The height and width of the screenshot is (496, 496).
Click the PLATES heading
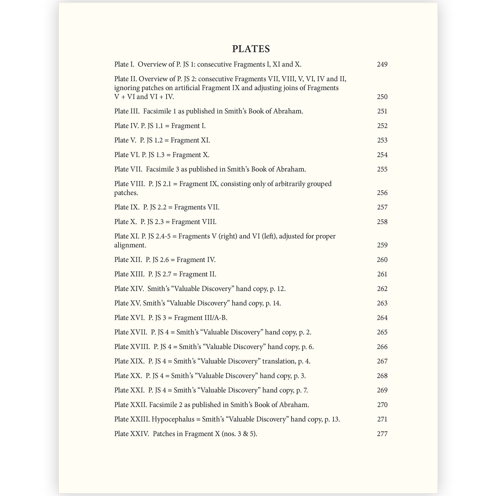point(251,49)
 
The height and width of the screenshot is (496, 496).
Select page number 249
point(382,64)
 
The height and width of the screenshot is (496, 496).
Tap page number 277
point(382,434)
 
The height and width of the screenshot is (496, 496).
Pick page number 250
point(382,97)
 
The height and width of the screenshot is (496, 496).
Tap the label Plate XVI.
point(129,318)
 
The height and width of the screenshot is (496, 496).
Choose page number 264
point(382,318)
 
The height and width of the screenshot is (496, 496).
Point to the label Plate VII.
point(128,169)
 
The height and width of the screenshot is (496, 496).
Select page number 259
point(382,245)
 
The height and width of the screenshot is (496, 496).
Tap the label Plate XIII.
point(129,274)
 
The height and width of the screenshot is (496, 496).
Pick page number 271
point(382,419)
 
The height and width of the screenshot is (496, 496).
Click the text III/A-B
point(216,318)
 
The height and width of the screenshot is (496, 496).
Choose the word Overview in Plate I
point(152,64)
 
